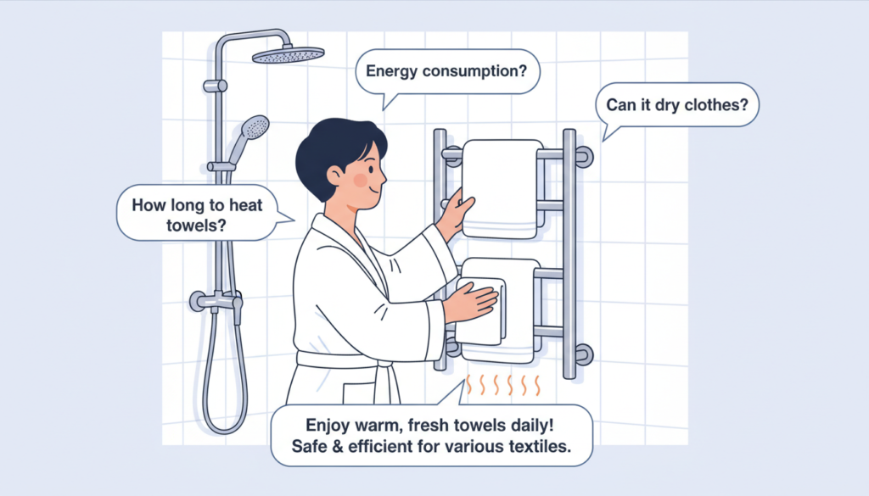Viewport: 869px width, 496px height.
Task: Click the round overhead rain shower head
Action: (288, 55)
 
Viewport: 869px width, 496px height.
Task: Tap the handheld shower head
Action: (254, 128)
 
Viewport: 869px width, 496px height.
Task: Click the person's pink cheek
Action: (360, 181)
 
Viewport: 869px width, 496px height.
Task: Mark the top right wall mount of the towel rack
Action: (583, 156)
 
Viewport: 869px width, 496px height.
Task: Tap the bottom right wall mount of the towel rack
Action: (583, 352)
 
